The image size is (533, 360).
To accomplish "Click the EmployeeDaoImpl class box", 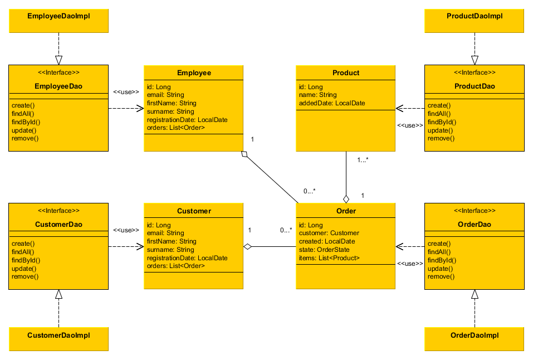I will [58, 17].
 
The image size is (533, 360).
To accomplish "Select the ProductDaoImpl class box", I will [475, 17].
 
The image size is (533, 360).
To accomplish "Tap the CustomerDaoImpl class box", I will [58, 335].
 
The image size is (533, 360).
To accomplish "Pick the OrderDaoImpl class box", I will [475, 335].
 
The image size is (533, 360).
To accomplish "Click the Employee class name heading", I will [194, 73].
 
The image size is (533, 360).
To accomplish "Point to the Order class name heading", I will [346, 211].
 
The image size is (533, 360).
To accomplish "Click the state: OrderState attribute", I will [325, 250].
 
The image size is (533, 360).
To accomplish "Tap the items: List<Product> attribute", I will [329, 258].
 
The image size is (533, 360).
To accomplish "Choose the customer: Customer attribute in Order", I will [329, 233].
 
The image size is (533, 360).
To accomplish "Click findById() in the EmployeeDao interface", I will [26, 121].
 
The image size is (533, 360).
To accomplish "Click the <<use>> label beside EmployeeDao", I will [126, 91].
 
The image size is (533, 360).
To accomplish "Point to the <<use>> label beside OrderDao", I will [410, 263].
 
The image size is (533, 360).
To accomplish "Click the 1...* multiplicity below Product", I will [363, 160].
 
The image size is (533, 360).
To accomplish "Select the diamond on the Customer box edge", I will [248, 246].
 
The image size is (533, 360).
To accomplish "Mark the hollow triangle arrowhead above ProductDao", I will [475, 60].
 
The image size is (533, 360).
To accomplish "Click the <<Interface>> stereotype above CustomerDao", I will [58, 211].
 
